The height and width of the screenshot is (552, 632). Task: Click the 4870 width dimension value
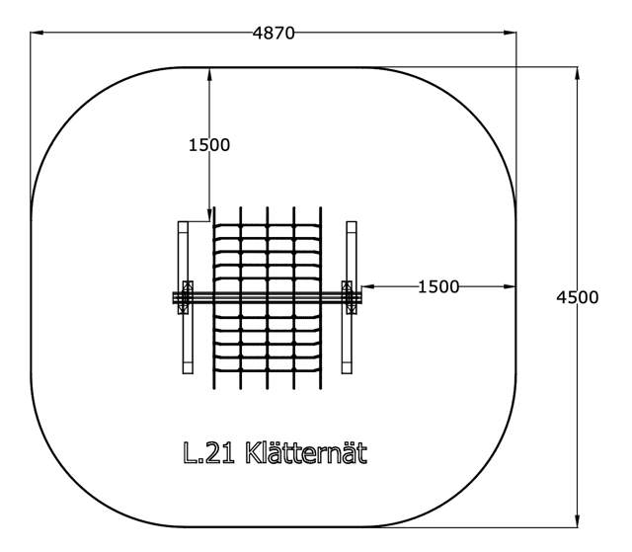coord(274,33)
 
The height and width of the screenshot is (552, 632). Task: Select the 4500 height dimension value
coord(577,297)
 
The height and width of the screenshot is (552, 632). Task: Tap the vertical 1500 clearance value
coord(209,145)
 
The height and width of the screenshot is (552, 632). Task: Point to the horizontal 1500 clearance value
coord(438,287)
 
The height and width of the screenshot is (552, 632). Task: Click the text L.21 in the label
coord(208,453)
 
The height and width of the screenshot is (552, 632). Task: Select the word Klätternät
coord(306,452)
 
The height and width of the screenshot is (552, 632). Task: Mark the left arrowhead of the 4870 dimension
coord(37,33)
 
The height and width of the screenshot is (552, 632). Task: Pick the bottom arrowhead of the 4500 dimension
coord(577,520)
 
